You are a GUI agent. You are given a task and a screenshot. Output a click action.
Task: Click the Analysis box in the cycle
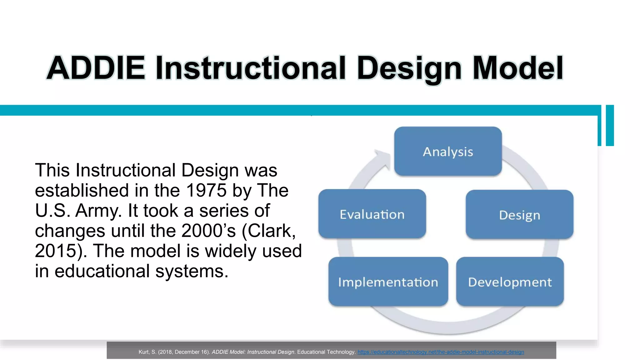click(448, 152)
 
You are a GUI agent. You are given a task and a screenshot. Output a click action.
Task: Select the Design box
click(519, 215)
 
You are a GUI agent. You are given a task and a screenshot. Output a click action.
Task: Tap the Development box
click(510, 282)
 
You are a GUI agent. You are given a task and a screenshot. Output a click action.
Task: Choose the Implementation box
click(388, 282)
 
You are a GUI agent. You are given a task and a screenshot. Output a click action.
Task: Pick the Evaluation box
click(372, 214)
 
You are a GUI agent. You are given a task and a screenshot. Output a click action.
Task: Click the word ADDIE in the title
click(96, 68)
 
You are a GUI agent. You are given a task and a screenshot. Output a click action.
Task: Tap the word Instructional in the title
click(250, 68)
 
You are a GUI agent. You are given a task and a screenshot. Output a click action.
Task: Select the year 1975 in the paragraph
click(206, 190)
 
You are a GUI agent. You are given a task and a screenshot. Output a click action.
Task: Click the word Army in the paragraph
click(98, 211)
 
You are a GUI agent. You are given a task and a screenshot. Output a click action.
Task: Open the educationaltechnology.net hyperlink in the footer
click(441, 352)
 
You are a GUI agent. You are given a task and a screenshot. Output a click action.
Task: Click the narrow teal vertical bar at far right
click(610, 125)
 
